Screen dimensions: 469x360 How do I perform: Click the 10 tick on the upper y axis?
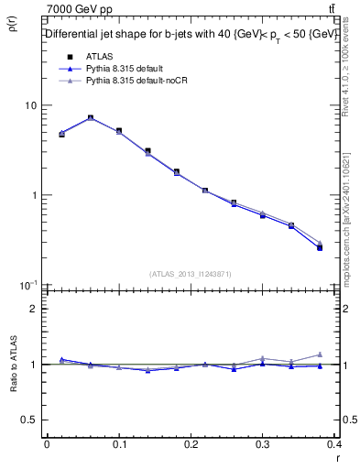click(x=31, y=105)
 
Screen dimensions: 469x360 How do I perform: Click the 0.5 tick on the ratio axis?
click(x=30, y=420)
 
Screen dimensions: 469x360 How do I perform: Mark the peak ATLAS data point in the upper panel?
click(x=91, y=118)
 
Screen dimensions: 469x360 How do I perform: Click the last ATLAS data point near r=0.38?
click(x=320, y=247)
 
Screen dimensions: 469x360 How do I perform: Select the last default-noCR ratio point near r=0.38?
click(x=320, y=354)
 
